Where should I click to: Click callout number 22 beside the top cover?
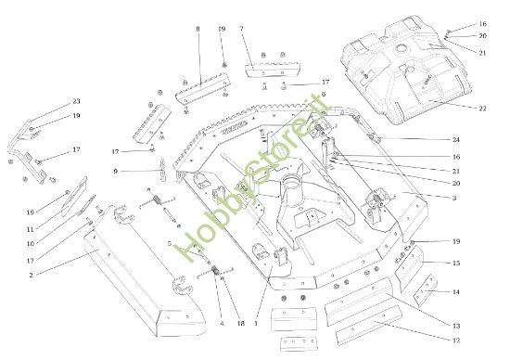coord(482,109)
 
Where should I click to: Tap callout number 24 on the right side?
coord(456,139)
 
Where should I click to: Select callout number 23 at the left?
coord(76,101)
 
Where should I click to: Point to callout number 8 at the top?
coord(198,29)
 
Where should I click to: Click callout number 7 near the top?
coord(241,29)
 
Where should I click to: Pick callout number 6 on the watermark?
coord(324,95)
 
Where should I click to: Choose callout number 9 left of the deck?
coord(116,171)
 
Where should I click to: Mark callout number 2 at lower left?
coord(31,275)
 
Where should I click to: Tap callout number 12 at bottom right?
coord(456,341)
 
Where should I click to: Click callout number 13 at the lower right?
coord(456,326)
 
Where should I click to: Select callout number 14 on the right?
coord(456,291)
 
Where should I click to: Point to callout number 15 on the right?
coord(456,263)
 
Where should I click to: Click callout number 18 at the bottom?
coord(240,324)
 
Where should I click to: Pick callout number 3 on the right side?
coord(454,198)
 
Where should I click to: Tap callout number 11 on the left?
coord(31,229)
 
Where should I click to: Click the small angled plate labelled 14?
coord(426,290)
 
